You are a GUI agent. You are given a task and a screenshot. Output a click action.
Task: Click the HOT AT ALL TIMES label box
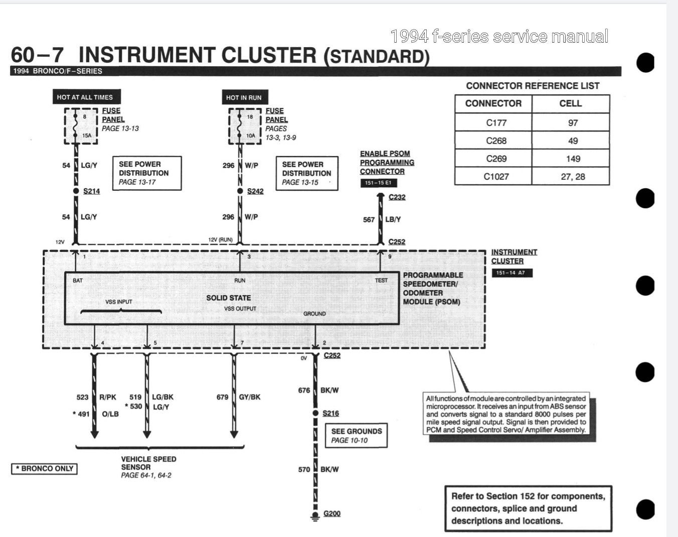(85, 97)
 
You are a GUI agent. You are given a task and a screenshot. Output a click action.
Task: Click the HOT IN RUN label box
(244, 97)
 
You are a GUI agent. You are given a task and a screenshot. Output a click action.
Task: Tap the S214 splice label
(92, 191)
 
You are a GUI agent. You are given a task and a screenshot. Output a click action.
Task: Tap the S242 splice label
(255, 191)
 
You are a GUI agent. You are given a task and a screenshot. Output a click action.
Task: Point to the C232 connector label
(397, 197)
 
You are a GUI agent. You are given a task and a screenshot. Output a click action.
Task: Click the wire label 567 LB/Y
(382, 219)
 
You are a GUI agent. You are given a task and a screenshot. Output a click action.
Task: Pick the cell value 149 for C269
(573, 159)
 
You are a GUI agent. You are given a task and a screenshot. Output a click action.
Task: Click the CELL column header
(570, 103)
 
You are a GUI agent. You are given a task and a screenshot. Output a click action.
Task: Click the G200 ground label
(332, 513)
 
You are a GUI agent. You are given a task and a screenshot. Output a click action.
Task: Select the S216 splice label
(330, 413)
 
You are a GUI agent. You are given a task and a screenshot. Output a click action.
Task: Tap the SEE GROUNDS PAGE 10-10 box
(356, 435)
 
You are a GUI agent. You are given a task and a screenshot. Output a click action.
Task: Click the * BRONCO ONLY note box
(45, 469)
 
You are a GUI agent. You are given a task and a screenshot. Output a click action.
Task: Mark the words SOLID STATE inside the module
(228, 298)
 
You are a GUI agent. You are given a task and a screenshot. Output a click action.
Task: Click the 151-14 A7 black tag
(511, 273)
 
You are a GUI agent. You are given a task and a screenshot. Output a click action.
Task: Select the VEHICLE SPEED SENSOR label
(148, 463)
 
